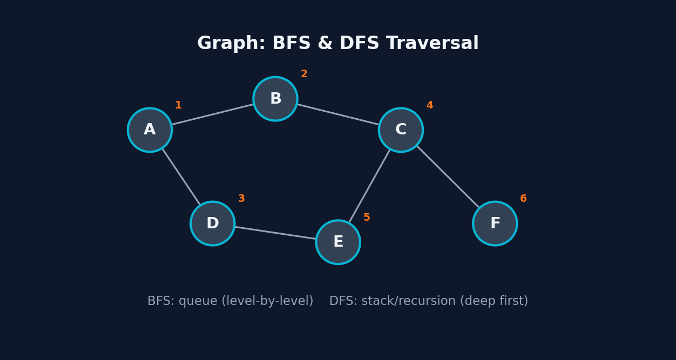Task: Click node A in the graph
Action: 150,130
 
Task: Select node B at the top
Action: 275,99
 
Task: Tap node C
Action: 401,130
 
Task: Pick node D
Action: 213,223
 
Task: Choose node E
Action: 338,242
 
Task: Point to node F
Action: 495,223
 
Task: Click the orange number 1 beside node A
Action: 178,106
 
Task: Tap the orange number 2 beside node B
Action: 304,74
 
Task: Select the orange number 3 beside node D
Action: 241,199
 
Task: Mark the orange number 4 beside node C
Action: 430,106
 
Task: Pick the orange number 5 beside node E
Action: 367,218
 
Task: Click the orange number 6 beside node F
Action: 523,199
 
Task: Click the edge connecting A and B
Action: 213,114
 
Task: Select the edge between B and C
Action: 338,114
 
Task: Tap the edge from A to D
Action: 181,176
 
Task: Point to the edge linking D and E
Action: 275,233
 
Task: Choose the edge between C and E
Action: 369,186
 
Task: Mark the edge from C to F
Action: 448,176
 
